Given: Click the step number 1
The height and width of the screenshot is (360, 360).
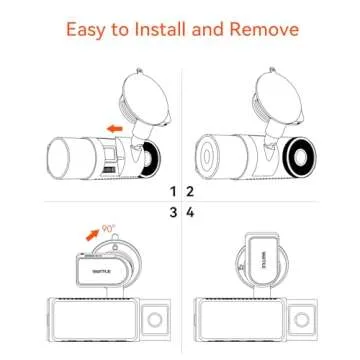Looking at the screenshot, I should coord(172,191).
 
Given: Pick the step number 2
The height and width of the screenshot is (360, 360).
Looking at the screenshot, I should coord(187,191).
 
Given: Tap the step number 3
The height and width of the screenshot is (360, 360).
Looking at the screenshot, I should coord(172,212).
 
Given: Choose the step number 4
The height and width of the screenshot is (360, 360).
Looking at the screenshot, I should coord(187,212).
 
